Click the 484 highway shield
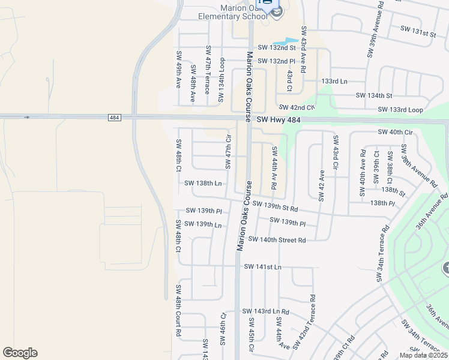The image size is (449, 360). click(114, 118)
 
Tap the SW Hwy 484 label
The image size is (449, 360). click(277, 121)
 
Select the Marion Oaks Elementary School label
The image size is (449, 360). click(234, 11)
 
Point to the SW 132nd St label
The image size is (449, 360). click(277, 47)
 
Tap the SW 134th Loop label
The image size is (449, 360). click(221, 76)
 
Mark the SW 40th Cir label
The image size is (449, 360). click(396, 132)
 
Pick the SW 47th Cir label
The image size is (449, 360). click(228, 151)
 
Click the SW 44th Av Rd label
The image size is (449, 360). click(274, 168)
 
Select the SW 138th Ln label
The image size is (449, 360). click(203, 183)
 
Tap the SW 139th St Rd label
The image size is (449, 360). click(276, 206)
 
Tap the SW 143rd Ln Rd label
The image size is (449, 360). click(265, 311)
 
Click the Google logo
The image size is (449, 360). click(20, 353)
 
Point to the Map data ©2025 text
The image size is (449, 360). click(423, 355)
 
